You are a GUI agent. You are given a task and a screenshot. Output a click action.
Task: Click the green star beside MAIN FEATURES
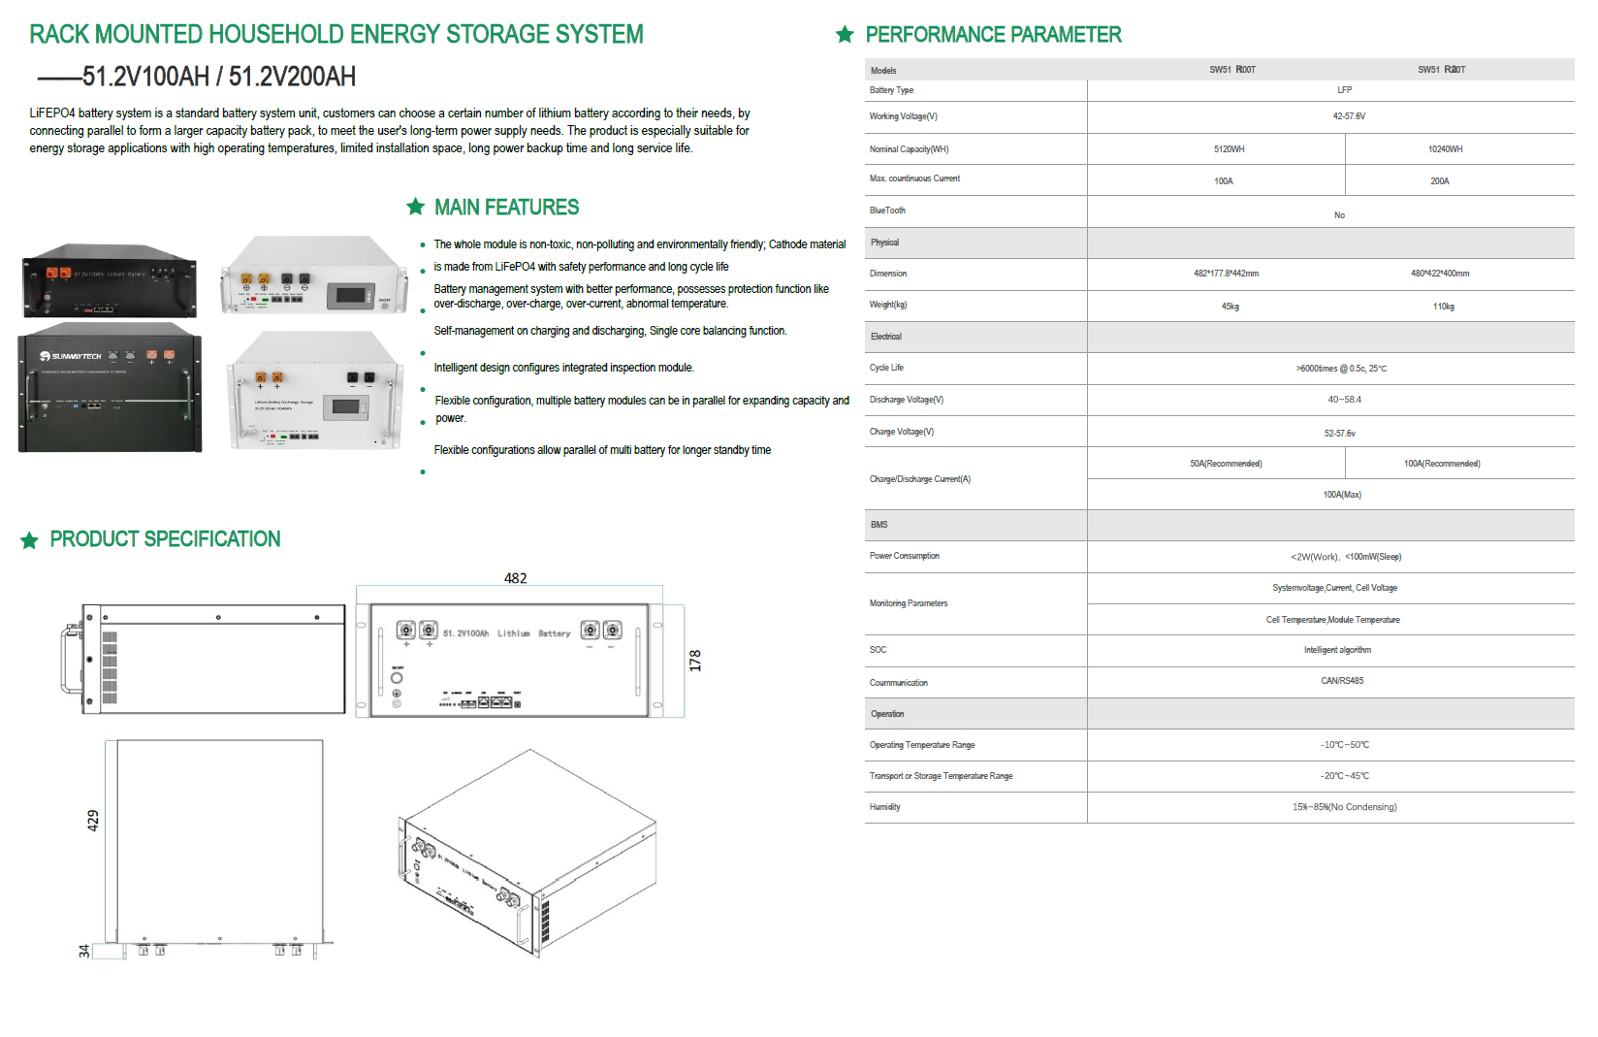(x=416, y=207)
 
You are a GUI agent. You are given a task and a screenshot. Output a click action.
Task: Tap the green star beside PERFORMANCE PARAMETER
(x=845, y=35)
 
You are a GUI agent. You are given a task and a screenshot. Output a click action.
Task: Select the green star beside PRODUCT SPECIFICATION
(x=30, y=540)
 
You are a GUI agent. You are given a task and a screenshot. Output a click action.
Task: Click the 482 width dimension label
(x=515, y=578)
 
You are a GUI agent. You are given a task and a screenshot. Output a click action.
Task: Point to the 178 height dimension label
(x=695, y=661)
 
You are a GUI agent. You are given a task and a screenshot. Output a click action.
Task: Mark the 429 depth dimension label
(x=93, y=821)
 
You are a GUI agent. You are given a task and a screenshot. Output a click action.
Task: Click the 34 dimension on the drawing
(x=84, y=952)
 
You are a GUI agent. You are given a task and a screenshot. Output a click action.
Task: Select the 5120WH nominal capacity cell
(x=1229, y=149)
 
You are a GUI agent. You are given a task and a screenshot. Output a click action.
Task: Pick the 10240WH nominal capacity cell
(x=1445, y=149)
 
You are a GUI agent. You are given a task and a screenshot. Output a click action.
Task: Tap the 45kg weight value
(x=1230, y=307)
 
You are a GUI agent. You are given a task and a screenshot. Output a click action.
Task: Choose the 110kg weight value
(x=1443, y=307)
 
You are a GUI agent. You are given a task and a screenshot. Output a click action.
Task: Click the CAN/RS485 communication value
(x=1342, y=681)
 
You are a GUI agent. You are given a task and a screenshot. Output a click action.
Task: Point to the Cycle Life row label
(x=886, y=368)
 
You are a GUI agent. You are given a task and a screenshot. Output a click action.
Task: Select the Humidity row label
(x=884, y=807)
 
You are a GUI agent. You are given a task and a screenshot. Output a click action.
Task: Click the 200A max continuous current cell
(x=1439, y=181)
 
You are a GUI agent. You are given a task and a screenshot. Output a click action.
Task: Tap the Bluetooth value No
(x=1339, y=215)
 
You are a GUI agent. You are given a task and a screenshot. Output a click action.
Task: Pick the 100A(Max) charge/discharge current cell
(x=1342, y=495)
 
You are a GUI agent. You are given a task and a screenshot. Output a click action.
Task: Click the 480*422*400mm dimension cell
(x=1440, y=274)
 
